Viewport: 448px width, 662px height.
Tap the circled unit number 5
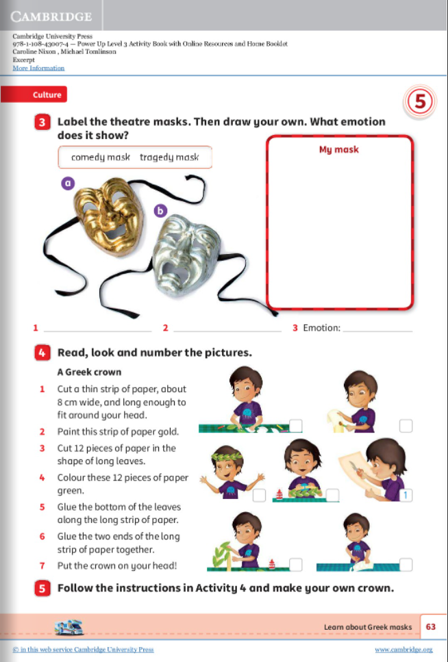click(421, 103)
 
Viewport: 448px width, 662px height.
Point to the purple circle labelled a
click(68, 183)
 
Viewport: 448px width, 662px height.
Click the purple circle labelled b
click(161, 211)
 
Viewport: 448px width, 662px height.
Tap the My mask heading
click(338, 149)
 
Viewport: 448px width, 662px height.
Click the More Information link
click(38, 68)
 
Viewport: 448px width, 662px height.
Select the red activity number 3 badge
click(42, 123)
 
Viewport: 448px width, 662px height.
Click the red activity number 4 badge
click(42, 353)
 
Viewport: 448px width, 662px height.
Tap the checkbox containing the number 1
click(406, 494)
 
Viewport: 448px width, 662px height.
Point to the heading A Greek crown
click(89, 372)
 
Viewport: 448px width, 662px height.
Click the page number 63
click(431, 626)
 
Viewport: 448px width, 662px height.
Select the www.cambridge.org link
click(403, 649)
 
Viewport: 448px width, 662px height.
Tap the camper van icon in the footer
click(73, 626)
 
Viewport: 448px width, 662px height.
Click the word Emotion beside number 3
click(321, 328)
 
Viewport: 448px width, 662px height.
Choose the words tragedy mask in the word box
click(169, 157)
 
